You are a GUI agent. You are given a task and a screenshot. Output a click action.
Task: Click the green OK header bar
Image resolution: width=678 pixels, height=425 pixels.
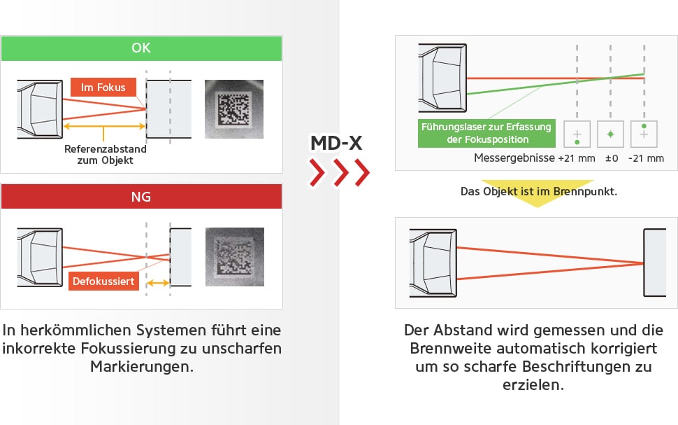click(x=141, y=48)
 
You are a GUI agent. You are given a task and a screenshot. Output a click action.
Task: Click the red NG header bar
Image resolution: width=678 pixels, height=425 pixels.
click(x=141, y=197)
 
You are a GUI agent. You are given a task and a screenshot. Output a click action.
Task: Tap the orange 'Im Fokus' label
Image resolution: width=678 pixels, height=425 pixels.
click(x=103, y=88)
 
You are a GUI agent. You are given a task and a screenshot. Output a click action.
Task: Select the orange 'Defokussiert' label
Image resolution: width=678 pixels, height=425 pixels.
click(x=103, y=281)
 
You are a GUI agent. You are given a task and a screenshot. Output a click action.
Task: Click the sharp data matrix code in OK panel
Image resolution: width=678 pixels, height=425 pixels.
click(x=234, y=109)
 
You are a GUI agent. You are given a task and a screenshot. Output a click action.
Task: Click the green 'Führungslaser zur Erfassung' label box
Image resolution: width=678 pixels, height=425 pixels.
click(x=485, y=133)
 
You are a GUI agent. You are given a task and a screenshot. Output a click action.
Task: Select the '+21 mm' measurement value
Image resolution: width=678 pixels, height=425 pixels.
click(x=576, y=159)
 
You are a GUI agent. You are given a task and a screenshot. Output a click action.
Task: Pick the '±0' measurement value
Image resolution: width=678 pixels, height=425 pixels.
click(x=611, y=159)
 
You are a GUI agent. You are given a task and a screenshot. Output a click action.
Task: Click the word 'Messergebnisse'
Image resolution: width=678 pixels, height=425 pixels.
click(x=513, y=159)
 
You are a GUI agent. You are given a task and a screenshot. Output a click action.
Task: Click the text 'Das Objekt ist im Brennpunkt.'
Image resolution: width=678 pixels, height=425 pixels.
click(x=538, y=190)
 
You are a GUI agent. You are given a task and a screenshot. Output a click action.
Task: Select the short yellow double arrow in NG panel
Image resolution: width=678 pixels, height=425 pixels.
click(x=158, y=283)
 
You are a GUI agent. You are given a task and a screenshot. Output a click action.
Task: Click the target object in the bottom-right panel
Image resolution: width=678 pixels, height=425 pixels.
click(x=655, y=263)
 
